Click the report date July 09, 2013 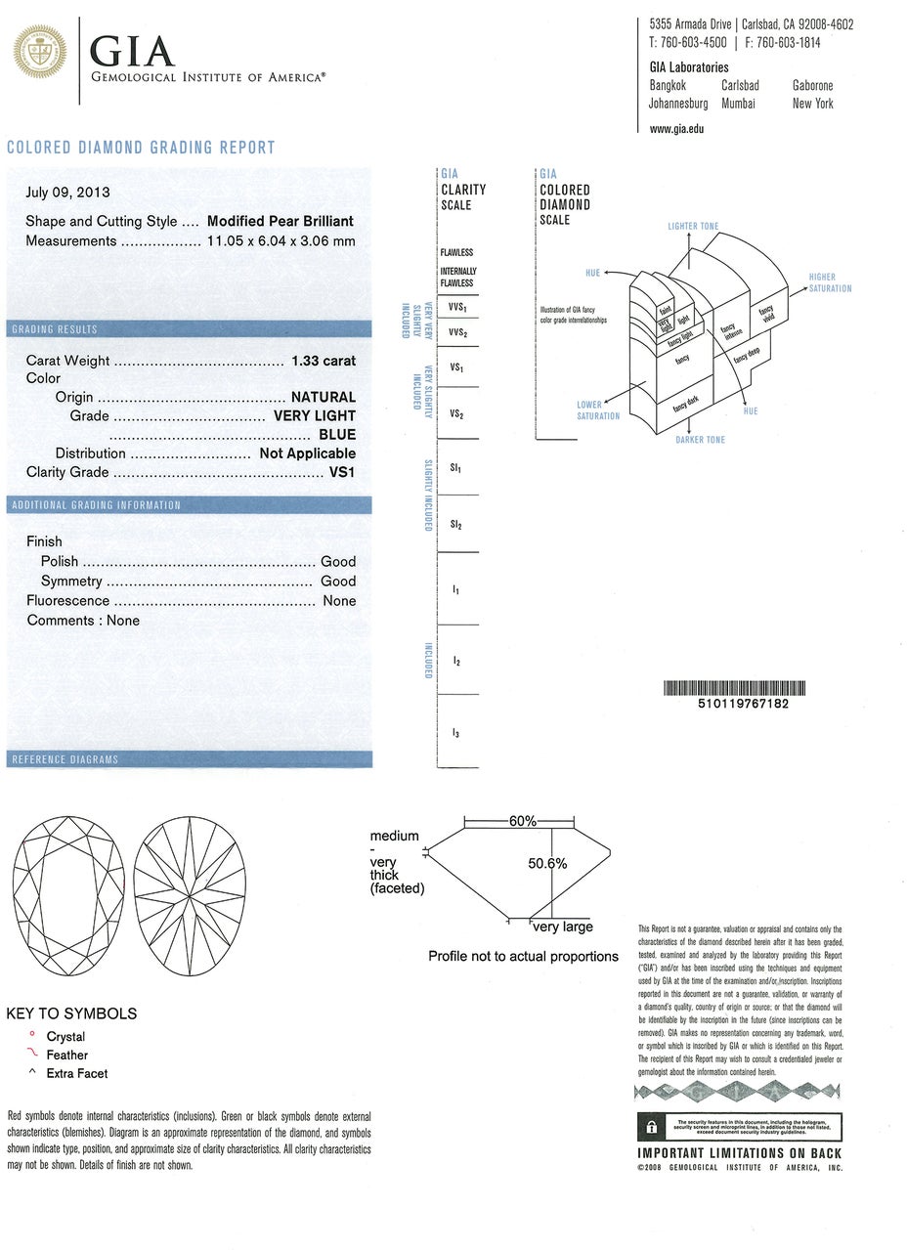67,193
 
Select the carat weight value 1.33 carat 324,361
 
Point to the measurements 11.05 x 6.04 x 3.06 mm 281,241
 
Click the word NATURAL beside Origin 324,398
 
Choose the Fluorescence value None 339,601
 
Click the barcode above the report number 734,687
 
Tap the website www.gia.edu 676,129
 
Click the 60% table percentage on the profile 523,822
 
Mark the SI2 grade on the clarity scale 455,525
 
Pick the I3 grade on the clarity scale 455,733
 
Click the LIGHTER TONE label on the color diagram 693,227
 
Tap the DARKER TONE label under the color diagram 700,440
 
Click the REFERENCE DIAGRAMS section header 64,759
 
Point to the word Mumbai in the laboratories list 738,104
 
